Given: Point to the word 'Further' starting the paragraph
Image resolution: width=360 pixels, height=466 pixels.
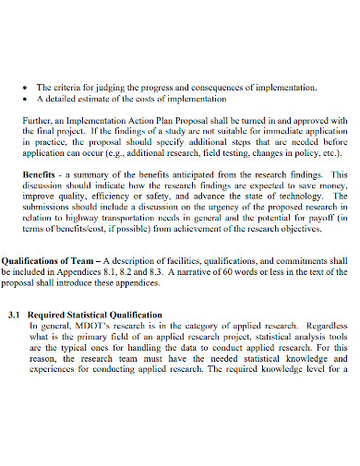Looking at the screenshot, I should (37, 119).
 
